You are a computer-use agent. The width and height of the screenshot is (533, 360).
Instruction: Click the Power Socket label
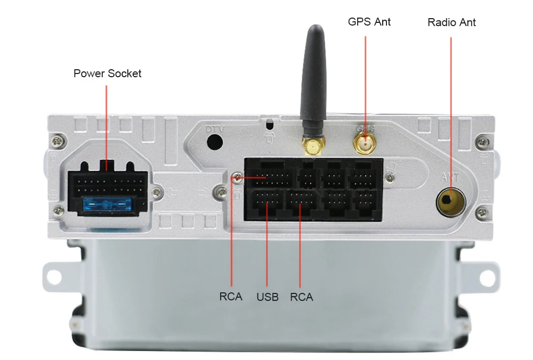(107, 73)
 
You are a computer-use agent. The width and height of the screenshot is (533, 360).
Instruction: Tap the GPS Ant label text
(369, 22)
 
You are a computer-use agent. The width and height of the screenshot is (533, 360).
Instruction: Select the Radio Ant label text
(451, 22)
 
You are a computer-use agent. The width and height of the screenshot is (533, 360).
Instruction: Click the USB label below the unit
(267, 297)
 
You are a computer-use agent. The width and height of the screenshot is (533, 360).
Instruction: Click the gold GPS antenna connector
(365, 143)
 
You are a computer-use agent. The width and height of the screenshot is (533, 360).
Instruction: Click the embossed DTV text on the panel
(215, 128)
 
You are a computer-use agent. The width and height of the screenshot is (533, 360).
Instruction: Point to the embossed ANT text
(450, 177)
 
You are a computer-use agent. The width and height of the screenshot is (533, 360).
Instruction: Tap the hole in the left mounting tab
(53, 276)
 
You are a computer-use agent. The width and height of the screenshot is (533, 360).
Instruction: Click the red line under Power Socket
(107, 122)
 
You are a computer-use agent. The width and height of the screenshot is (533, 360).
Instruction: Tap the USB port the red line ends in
(266, 201)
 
